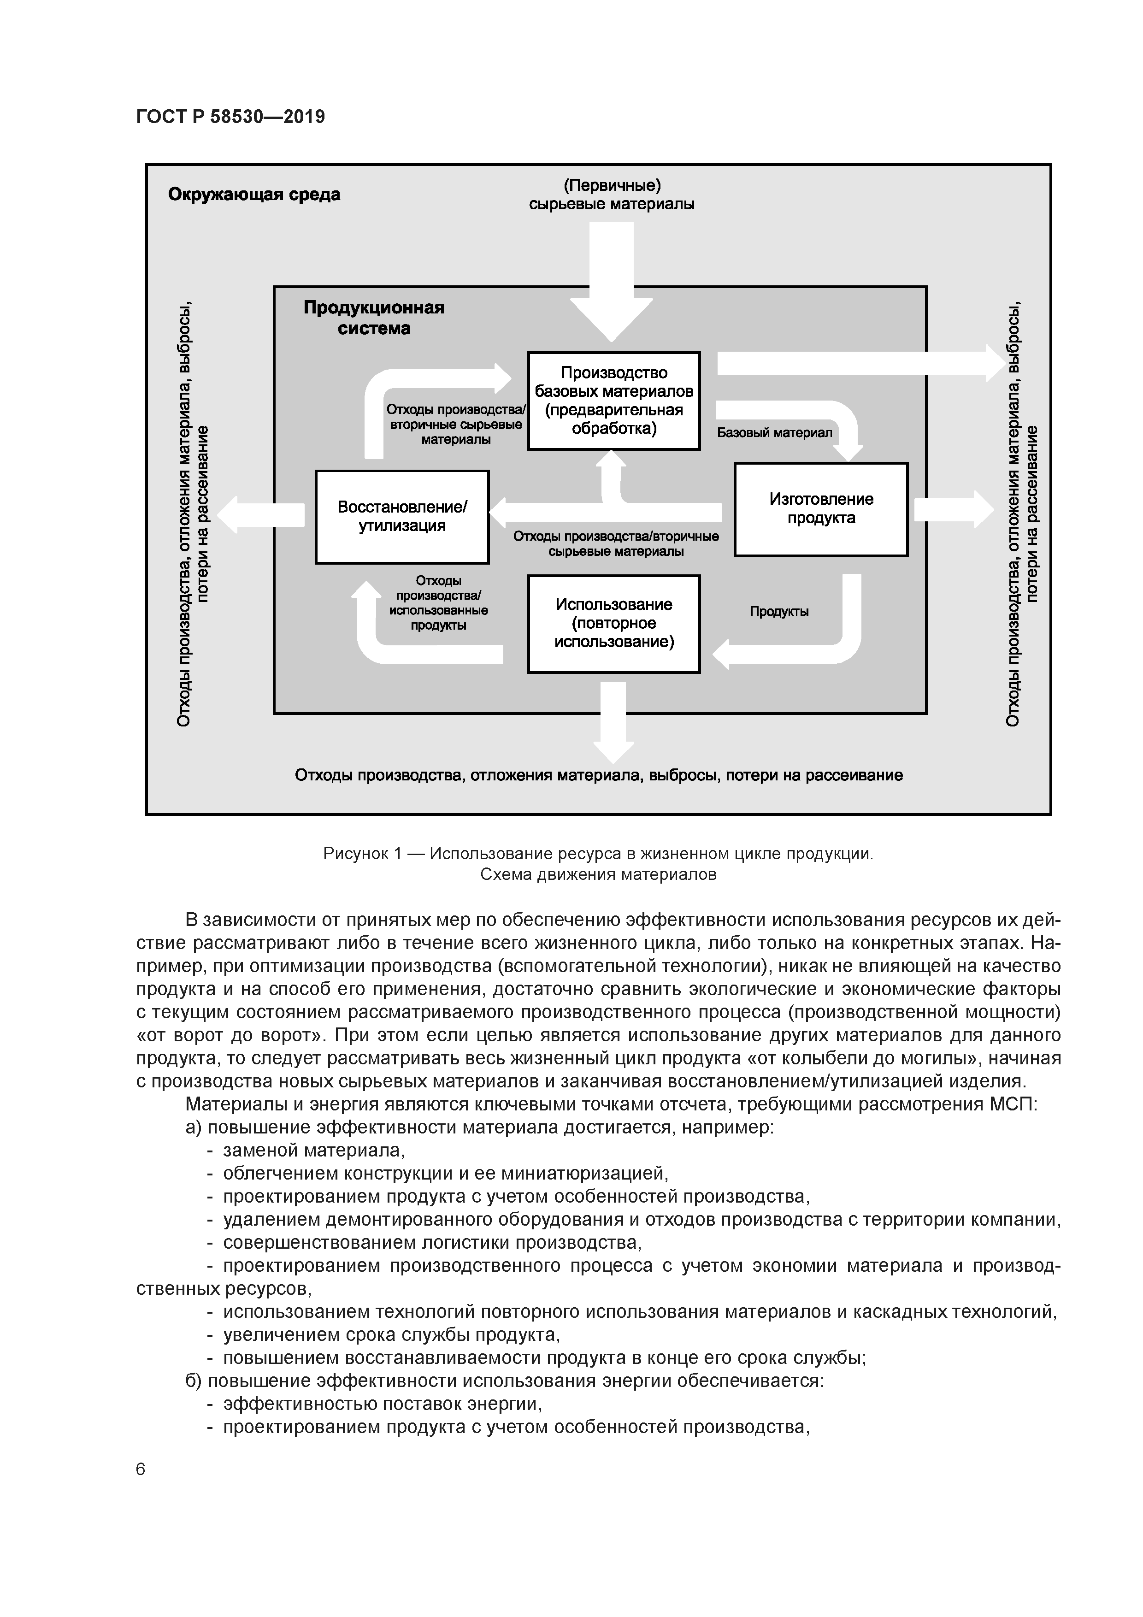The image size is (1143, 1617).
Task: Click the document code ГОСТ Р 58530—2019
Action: [230, 117]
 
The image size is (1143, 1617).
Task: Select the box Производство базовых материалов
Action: [613, 400]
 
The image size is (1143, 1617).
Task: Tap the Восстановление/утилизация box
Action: [402, 516]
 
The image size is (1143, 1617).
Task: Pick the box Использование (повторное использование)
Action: [613, 623]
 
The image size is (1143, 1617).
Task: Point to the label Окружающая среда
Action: [253, 195]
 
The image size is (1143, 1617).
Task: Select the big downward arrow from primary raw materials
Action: [611, 282]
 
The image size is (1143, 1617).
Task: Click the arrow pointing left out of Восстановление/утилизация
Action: [260, 515]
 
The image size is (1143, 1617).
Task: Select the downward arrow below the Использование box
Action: [613, 722]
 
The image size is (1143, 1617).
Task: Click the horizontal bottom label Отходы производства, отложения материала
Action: [599, 775]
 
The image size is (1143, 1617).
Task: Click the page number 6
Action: [141, 1469]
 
